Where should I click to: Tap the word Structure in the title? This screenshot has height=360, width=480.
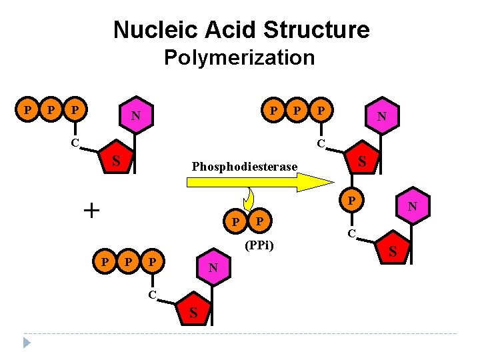click(317, 30)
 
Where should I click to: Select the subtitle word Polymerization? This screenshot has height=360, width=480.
click(239, 58)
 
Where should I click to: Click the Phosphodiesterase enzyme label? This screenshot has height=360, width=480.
click(245, 166)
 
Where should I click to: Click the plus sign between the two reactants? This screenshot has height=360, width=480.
click(91, 211)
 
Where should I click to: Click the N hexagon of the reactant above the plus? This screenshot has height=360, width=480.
click(136, 117)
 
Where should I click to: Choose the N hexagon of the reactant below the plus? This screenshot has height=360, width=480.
click(213, 268)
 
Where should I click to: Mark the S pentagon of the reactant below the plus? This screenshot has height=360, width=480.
click(193, 311)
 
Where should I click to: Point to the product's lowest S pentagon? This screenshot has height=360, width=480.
click(392, 251)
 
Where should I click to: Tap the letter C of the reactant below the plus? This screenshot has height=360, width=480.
click(153, 294)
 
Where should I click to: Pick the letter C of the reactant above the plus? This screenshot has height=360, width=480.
click(75, 142)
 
